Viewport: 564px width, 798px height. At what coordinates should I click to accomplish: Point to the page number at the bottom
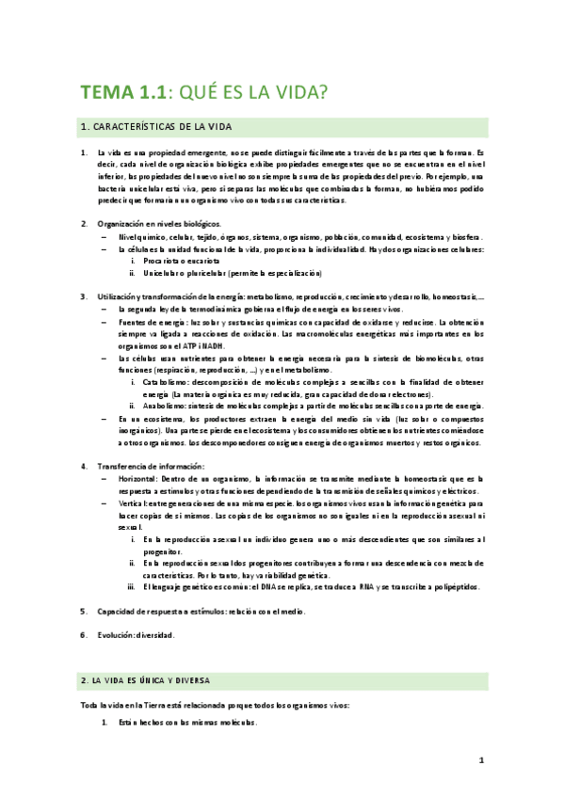coord(480,760)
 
